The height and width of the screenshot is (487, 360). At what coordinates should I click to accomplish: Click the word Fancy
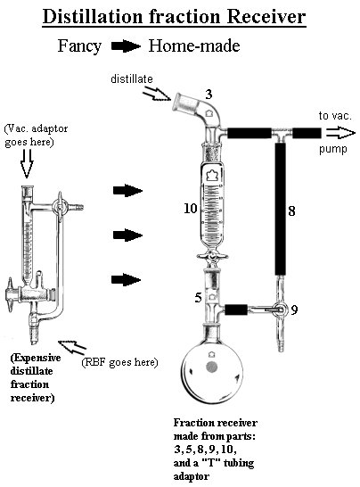79,46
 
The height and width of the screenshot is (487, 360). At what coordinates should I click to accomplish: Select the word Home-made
194,45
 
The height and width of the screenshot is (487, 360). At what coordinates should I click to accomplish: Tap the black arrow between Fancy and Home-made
126,46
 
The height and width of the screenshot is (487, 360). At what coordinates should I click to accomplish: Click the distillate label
132,78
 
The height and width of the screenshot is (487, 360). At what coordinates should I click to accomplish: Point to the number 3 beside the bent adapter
209,95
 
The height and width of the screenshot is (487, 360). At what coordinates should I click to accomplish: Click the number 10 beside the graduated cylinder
191,208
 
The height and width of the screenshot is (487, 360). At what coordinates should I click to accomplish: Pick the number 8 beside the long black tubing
291,211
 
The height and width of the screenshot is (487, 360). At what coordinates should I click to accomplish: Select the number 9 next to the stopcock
294,310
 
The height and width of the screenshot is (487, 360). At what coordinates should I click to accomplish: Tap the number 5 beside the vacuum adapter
198,298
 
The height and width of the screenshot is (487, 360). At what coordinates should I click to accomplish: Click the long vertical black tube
281,209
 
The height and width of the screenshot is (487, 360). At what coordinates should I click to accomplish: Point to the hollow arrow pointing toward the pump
340,133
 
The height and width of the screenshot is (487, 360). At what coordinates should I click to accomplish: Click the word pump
333,149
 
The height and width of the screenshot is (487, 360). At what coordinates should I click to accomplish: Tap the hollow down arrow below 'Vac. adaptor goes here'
27,164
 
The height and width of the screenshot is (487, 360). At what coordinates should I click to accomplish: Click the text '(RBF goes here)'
119,362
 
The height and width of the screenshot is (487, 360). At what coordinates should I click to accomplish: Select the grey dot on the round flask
212,367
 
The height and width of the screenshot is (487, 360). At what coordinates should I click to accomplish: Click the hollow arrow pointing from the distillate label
157,94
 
